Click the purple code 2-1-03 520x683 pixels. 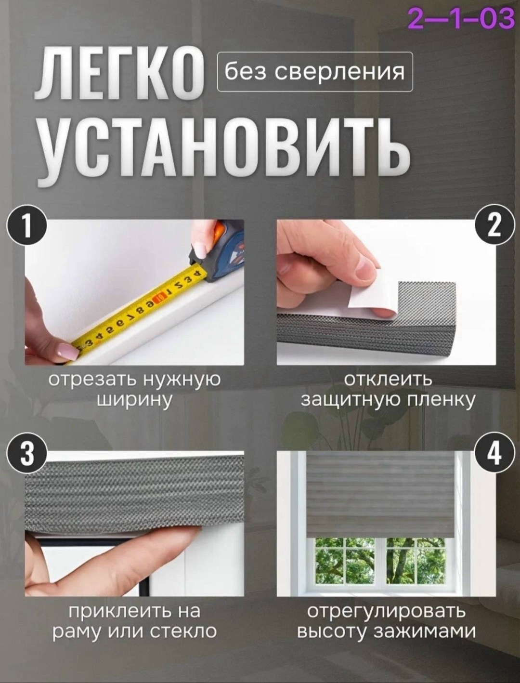461,18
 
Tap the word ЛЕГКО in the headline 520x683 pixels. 120,74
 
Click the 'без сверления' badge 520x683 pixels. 315,72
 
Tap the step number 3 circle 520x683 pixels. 27,453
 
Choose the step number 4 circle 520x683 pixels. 494,453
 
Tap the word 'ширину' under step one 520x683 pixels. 134,401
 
